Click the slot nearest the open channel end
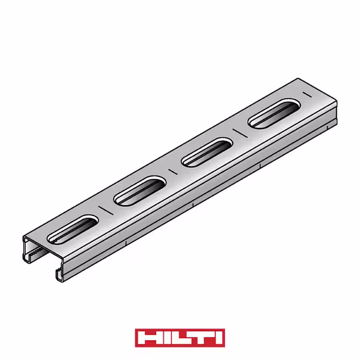[x=73, y=229]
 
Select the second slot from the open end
[x=140, y=191]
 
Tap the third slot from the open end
[x=207, y=152]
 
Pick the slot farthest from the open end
[x=274, y=114]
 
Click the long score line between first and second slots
[x=106, y=210]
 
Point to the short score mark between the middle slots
[x=173, y=172]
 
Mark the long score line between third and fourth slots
[x=240, y=133]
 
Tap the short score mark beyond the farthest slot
[x=307, y=95]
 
